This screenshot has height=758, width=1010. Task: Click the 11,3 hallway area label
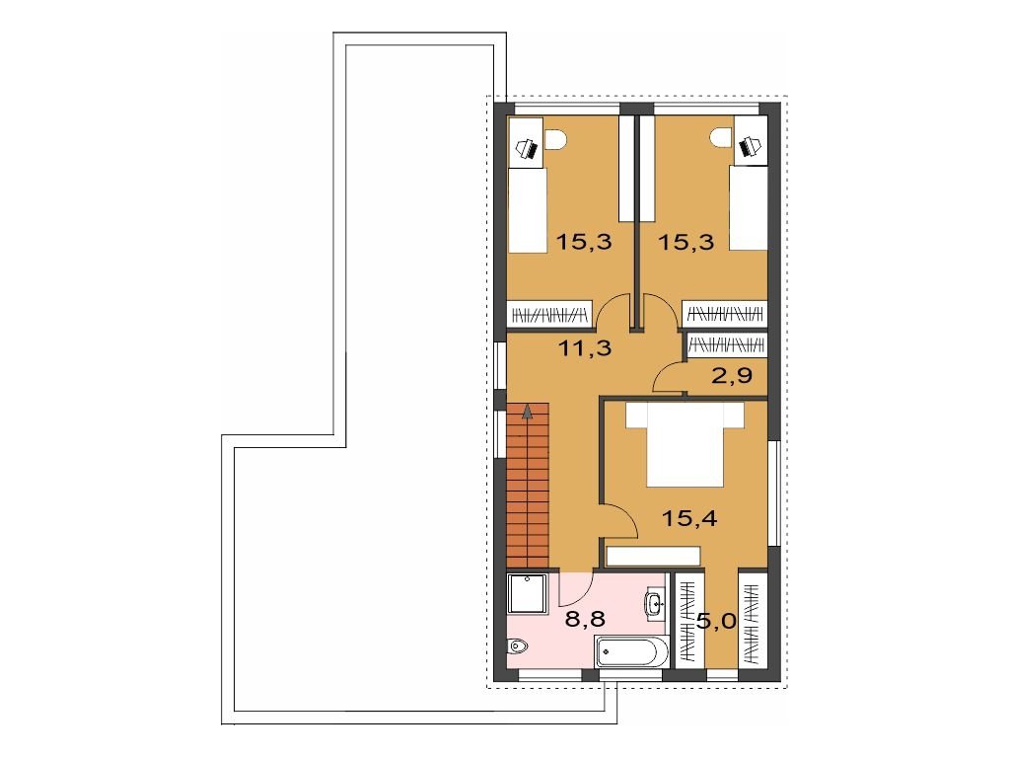point(584,348)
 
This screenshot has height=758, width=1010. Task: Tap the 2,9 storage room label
point(732,374)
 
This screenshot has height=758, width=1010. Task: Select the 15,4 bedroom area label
point(689,517)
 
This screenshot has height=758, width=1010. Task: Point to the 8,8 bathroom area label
point(585,620)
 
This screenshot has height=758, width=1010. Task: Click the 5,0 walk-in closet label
point(716,622)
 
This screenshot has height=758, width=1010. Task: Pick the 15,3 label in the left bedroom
point(584,243)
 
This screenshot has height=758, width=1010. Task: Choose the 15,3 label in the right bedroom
point(685,243)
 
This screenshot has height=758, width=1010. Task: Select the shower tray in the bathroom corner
point(529,593)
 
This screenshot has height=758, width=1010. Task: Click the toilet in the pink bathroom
point(517,644)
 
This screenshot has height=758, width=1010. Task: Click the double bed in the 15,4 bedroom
point(685,444)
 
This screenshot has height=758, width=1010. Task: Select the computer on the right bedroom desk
point(750,147)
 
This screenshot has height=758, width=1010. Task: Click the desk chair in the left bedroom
point(555,138)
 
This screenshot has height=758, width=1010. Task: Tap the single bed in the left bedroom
point(528,209)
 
